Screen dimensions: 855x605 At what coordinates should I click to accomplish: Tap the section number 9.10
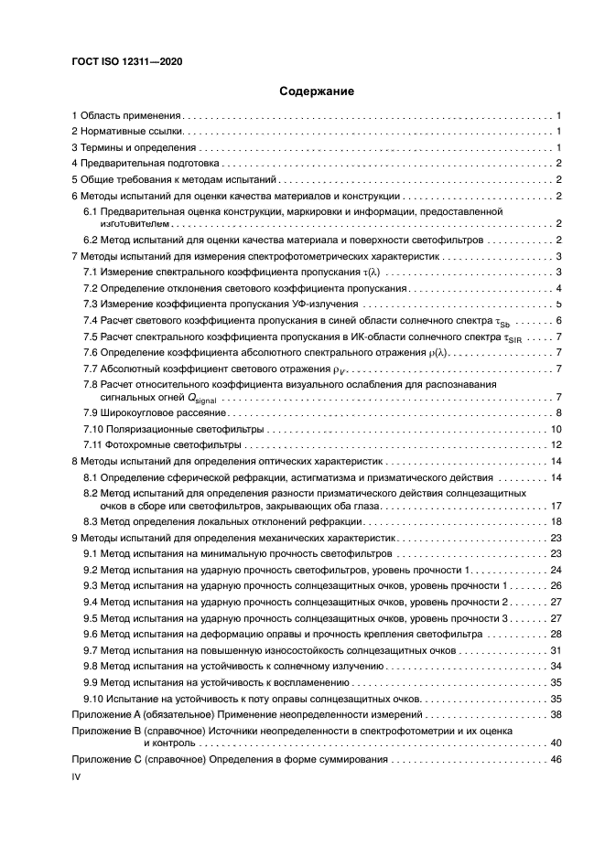(x=93, y=698)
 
